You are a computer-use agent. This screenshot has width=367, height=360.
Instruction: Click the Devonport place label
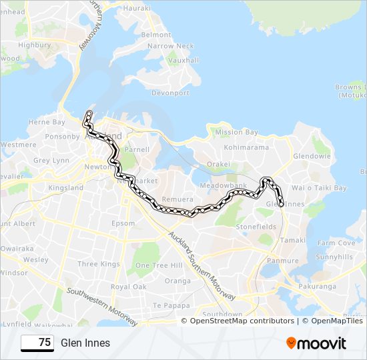[171, 93]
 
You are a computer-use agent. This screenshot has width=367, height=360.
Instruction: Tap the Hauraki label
[137, 8]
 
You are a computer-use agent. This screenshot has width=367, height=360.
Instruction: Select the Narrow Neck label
[170, 46]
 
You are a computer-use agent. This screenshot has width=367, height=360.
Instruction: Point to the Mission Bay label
[236, 132]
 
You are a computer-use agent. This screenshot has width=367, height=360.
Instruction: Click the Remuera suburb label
[177, 199]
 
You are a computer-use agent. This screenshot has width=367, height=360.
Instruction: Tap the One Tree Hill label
[159, 265]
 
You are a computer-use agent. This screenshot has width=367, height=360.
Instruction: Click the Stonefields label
[256, 227]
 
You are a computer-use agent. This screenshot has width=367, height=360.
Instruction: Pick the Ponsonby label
[62, 137]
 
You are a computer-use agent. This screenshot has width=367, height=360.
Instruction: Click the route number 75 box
[37, 343]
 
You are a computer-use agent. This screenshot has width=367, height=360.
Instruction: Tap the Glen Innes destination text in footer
[85, 343]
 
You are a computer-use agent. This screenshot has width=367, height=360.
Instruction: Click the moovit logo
[316, 343]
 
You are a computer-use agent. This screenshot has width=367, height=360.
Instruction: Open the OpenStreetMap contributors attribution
[242, 321]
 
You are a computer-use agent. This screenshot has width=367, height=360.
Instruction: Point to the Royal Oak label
[129, 287]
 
